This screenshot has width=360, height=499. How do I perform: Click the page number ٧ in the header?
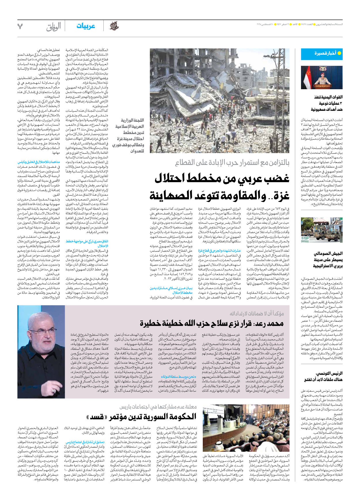click(20, 26)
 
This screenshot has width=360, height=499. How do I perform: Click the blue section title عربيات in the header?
click(86, 26)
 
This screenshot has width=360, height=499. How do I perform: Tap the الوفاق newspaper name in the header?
click(54, 27)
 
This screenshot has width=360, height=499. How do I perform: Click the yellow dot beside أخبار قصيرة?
click(339, 53)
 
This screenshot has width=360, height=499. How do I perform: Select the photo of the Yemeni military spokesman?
click(322, 77)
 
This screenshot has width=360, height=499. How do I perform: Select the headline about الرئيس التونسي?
click(323, 376)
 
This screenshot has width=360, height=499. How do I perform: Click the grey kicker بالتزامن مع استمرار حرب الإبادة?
click(232, 163)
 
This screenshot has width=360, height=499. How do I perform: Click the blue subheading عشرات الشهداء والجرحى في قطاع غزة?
click(219, 251)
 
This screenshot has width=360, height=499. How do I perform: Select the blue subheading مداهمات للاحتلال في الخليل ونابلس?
click(39, 162)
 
